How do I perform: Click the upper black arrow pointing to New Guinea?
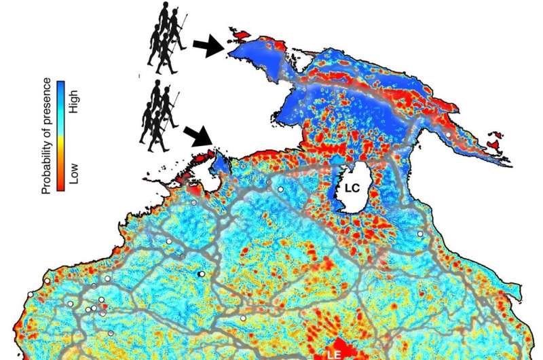pyautogui.click(x=206, y=46)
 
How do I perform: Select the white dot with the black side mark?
pyautogui.click(x=201, y=273)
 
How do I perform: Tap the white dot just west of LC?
pyautogui.click(x=280, y=189)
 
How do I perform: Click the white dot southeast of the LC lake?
pyautogui.click(x=420, y=234)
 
